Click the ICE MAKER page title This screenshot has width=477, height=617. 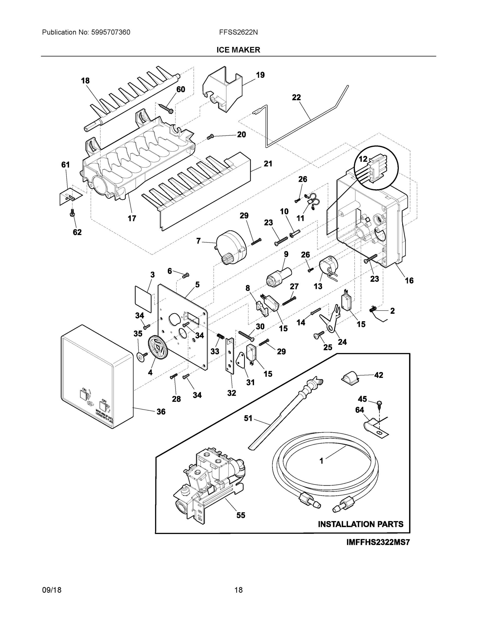click(x=238, y=50)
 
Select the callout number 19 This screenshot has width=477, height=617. click(x=260, y=75)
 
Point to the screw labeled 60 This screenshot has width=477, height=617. click(x=166, y=109)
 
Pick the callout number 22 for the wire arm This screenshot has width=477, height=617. click(x=296, y=97)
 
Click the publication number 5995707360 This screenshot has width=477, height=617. click(x=110, y=32)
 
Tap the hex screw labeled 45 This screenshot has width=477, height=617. click(x=380, y=403)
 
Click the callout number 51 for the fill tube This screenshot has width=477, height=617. click(x=248, y=418)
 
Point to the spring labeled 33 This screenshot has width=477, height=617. click(x=220, y=337)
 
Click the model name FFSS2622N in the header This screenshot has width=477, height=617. click(x=238, y=32)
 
